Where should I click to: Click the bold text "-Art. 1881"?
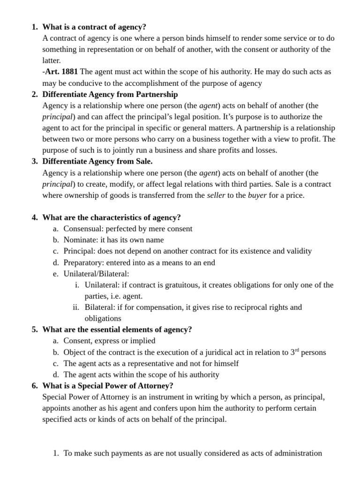click(60, 72)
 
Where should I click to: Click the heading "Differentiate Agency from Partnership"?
click(110, 94)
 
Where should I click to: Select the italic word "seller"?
click(216, 195)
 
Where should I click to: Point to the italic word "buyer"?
click(257, 195)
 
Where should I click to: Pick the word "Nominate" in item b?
click(80, 240)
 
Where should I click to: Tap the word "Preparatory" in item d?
click(84, 262)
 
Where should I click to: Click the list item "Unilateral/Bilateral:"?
click(96, 274)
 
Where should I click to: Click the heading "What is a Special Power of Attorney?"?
click(108, 386)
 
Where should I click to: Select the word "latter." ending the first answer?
click(52, 60)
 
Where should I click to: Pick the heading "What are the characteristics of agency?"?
click(112, 217)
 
